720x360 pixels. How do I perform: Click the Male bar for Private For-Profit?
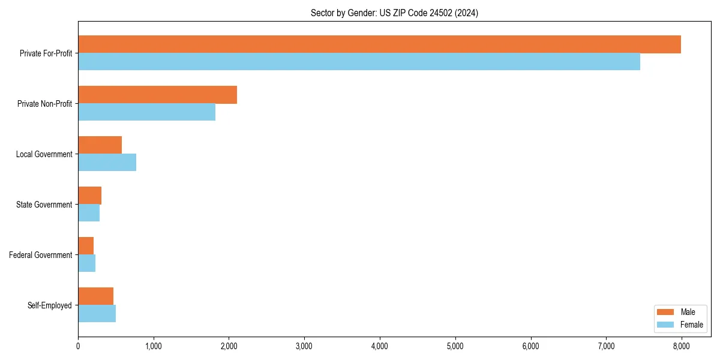[379, 44]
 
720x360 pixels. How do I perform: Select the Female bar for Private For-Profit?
[359, 62]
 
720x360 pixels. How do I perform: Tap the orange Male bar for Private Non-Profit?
[157, 95]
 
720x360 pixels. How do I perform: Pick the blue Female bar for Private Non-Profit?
[146, 112]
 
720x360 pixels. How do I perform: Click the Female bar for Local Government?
[107, 163]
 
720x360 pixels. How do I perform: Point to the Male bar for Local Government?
[100, 145]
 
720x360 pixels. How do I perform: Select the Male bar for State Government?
[89, 196]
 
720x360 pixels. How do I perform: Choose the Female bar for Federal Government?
[86, 263]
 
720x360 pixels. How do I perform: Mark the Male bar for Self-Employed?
[95, 296]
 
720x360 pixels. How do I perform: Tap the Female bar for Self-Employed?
[97, 314]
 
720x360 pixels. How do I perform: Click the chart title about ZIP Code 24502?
[394, 13]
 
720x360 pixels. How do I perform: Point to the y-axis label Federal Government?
[40, 255]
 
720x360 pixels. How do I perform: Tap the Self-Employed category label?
[49, 305]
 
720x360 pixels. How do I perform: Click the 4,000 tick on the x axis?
[380, 346]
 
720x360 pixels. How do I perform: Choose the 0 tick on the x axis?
[78, 346]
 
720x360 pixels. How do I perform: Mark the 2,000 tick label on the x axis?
[229, 346]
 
